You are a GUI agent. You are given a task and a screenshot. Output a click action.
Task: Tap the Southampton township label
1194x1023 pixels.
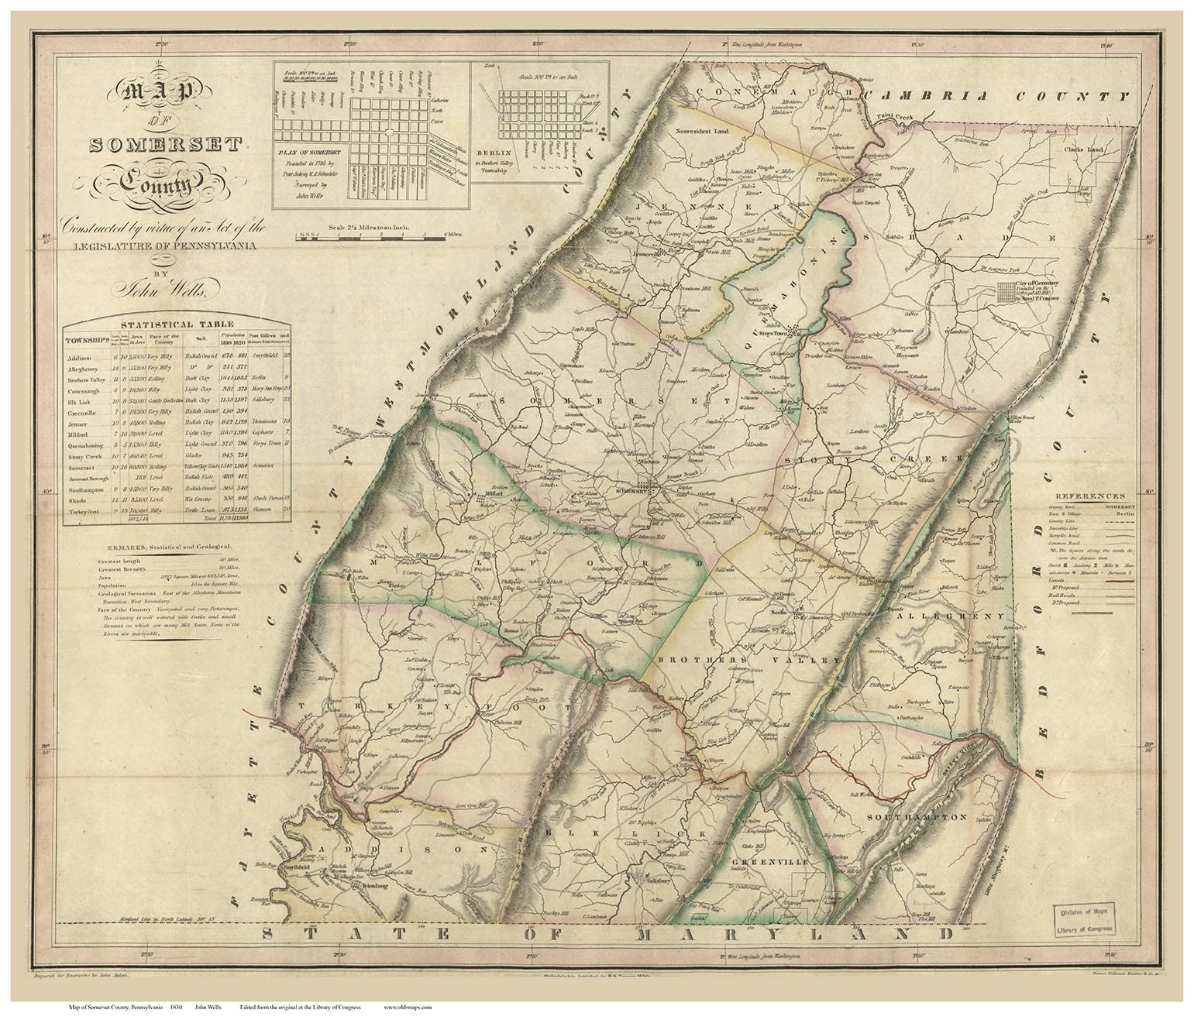(x=916, y=817)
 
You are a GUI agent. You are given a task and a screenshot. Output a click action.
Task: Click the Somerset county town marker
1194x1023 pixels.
(x=652, y=488)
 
